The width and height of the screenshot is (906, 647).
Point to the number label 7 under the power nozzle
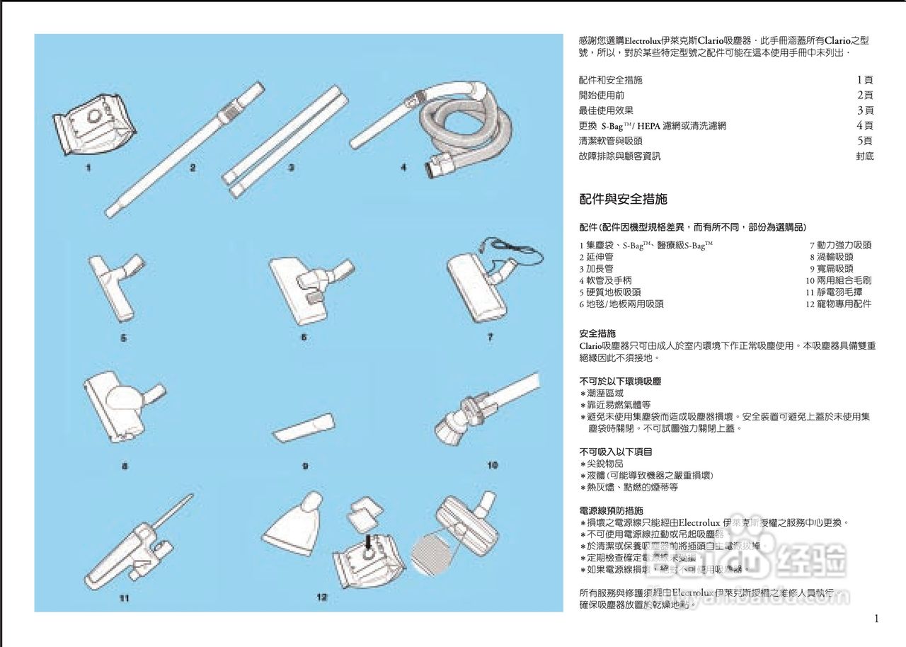(x=489, y=338)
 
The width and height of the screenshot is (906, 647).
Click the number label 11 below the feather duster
(x=124, y=598)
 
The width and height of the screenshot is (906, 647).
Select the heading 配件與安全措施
(x=623, y=200)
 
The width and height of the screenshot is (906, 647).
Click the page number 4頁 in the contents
(x=864, y=125)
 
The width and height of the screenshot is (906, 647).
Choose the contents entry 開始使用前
(x=601, y=95)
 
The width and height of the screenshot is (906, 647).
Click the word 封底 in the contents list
(x=864, y=156)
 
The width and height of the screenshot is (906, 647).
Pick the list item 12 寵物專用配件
(x=838, y=304)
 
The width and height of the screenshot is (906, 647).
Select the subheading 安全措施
(x=597, y=333)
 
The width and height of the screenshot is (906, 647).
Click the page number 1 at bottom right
(x=876, y=619)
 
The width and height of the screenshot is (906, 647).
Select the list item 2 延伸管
(x=596, y=257)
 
